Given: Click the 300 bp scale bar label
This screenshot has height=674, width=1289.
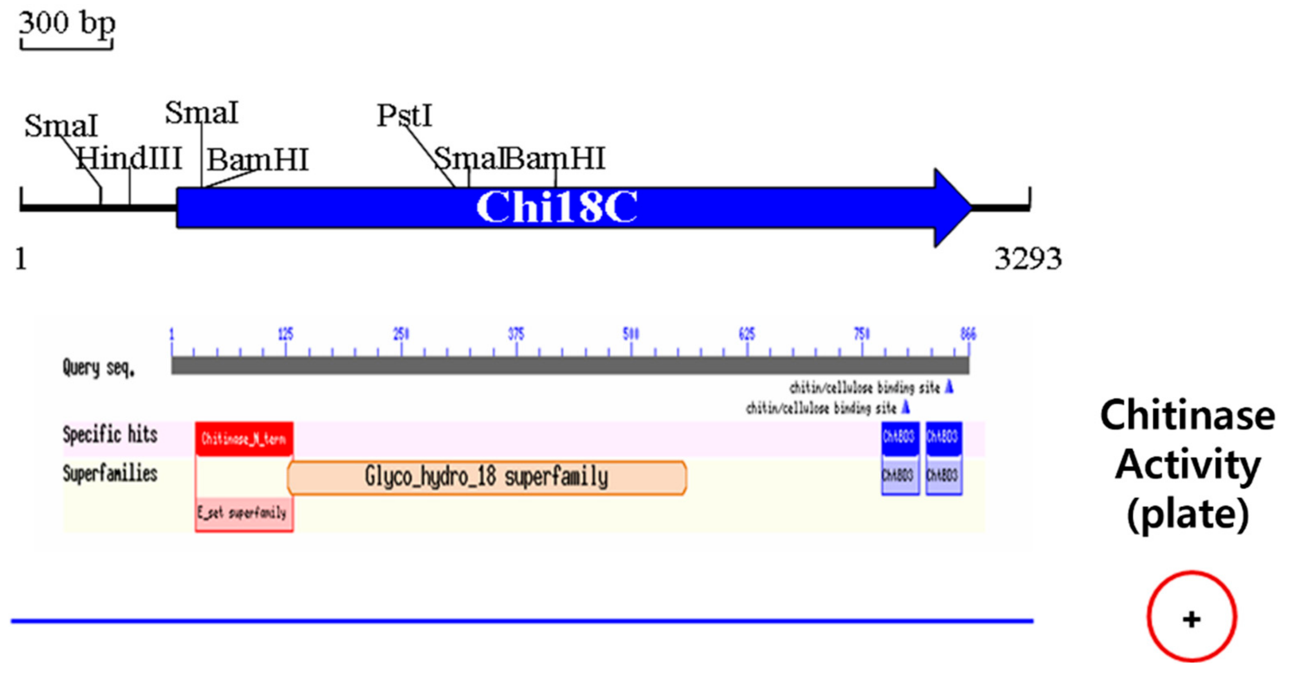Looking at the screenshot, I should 67,24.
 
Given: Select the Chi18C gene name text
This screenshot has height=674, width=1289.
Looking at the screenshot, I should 557,207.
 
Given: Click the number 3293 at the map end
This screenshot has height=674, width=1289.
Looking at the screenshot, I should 1028,259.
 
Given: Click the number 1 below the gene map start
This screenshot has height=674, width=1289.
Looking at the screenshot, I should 21,259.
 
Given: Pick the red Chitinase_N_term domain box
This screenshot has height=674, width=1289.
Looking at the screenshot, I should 244,439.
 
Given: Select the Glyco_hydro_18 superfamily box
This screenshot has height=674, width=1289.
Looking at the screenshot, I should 486,477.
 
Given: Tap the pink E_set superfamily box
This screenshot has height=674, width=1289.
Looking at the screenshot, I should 244,513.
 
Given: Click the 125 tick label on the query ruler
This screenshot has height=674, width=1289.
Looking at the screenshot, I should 286,334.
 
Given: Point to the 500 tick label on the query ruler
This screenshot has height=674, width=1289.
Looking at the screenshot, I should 631,334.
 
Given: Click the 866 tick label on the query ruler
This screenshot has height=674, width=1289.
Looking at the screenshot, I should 968,334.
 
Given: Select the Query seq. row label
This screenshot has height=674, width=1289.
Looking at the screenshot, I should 99,368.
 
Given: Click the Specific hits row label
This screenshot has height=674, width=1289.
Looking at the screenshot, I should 110,435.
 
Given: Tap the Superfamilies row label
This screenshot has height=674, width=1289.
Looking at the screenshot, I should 110,473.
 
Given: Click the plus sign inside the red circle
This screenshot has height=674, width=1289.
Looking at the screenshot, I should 1191,620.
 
